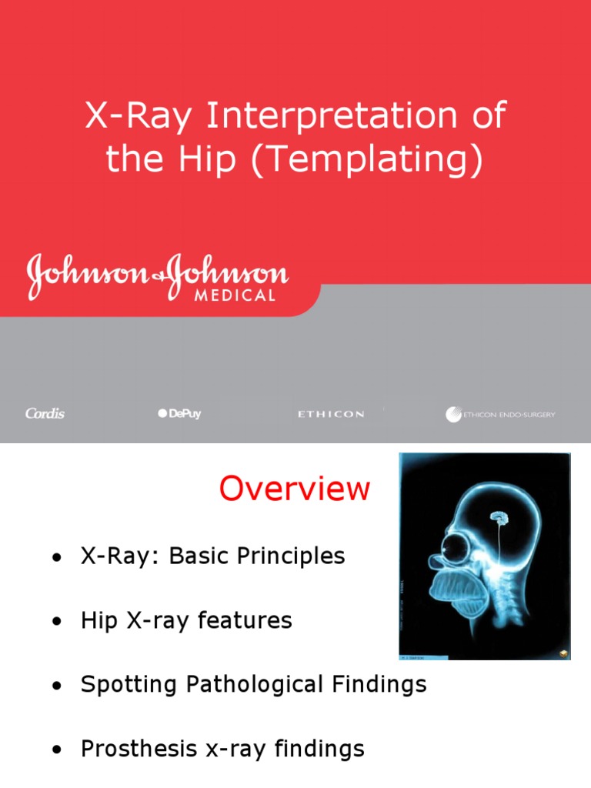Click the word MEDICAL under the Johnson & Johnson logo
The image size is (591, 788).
tap(232, 295)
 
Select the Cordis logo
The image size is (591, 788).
tap(45, 414)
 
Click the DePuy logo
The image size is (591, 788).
tap(179, 414)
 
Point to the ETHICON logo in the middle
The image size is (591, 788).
tap(331, 414)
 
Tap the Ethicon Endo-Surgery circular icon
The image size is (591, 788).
tap(453, 414)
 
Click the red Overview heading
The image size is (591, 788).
tap(294, 489)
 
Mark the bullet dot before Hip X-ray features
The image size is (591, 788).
tap(56, 622)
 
